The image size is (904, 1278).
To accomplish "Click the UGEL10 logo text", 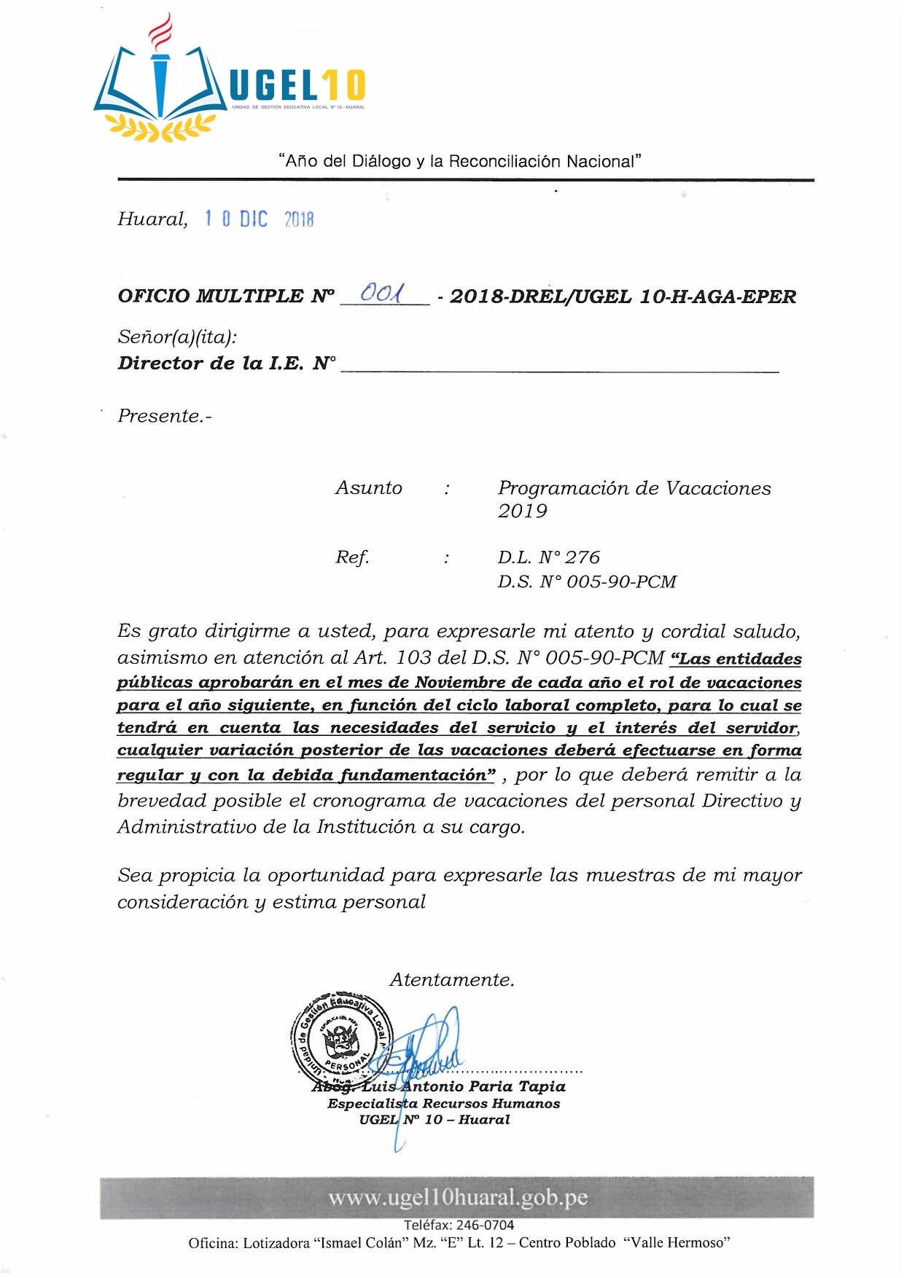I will tap(297, 86).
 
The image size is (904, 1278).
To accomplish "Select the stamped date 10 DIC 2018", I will tap(259, 219).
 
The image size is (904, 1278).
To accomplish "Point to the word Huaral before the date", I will tap(152, 219).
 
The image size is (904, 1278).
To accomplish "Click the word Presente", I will tap(164, 416).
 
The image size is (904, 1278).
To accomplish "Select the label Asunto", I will tap(368, 487).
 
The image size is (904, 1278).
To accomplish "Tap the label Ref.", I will tap(351, 557).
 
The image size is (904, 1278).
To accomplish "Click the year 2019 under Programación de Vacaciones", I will tap(522, 511).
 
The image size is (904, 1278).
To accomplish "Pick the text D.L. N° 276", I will tap(548, 557).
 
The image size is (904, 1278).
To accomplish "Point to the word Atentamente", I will tap(452, 980).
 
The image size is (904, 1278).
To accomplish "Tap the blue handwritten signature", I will tap(430, 1049).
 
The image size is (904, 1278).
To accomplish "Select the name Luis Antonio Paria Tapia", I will tap(463, 1086).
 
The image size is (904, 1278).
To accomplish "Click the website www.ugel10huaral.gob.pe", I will tap(457, 1198).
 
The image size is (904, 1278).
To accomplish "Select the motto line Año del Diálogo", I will tap(459, 161).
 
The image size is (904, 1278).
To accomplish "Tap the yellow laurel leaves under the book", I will tap(160, 127).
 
